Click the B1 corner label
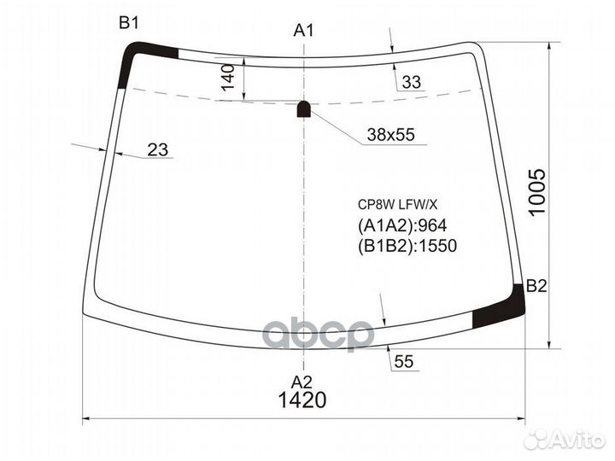128,24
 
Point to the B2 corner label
536,286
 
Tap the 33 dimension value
412,82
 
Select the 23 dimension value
157,150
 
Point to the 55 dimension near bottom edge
404,362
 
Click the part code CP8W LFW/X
396,204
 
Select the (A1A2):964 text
401,225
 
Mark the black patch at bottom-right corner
501,309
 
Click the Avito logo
563,439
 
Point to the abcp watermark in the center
318,334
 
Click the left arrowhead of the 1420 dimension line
85,419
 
